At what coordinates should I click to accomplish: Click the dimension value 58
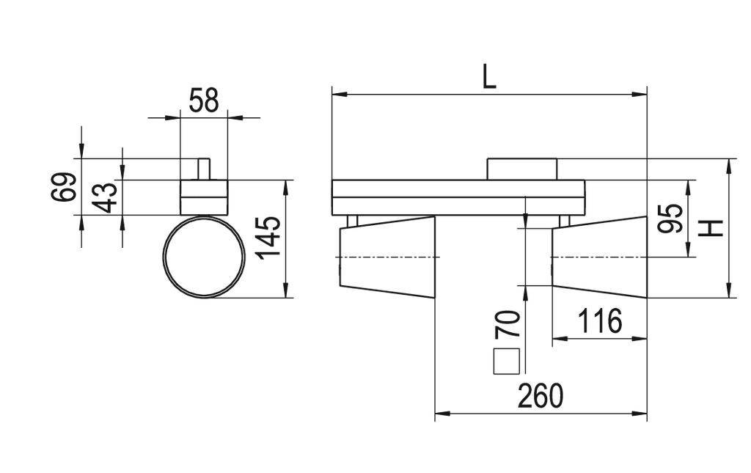click(x=203, y=100)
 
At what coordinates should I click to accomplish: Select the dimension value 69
click(x=64, y=187)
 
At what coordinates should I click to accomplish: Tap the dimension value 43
click(x=106, y=197)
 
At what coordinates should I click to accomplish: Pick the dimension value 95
click(x=670, y=219)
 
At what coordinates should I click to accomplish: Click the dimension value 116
click(x=599, y=321)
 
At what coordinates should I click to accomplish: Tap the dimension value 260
click(x=541, y=396)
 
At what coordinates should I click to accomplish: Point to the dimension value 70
click(x=508, y=324)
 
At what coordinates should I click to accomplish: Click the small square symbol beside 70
click(x=508, y=362)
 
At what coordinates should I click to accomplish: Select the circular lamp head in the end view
click(x=204, y=257)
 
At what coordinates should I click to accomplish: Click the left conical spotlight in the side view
click(x=387, y=257)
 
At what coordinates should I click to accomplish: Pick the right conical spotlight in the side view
click(x=599, y=257)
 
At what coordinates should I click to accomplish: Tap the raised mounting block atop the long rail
click(x=523, y=169)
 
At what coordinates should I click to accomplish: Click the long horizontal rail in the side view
click(x=458, y=197)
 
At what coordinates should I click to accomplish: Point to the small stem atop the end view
click(x=204, y=169)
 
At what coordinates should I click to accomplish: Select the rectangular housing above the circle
click(x=204, y=197)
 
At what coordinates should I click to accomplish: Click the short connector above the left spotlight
click(x=352, y=221)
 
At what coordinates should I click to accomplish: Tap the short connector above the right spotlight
click(x=564, y=221)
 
